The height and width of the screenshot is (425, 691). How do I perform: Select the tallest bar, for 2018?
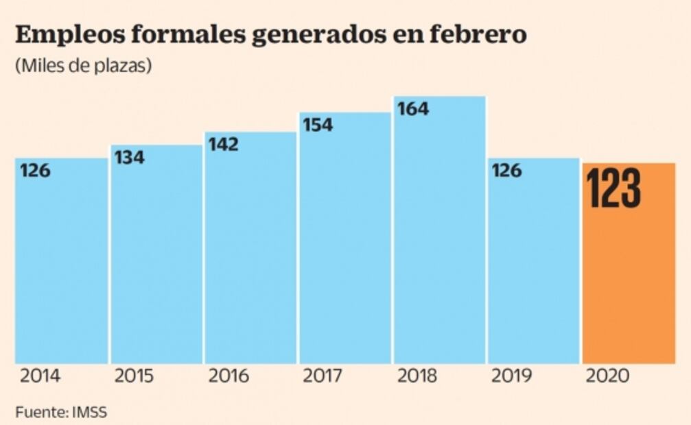439,240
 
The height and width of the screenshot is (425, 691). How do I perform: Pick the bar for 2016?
250,260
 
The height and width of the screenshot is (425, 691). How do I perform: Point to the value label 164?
413,109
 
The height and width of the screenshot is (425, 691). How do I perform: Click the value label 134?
130,158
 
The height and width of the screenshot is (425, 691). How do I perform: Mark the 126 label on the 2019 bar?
506,171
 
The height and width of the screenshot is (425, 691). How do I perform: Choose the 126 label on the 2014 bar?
35,171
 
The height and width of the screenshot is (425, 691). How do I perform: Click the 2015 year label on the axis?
134,376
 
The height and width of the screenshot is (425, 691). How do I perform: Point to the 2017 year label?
323,376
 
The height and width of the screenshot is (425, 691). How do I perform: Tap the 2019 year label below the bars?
512,376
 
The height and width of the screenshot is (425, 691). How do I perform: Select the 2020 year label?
607,376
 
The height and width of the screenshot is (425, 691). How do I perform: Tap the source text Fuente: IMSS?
61,412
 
